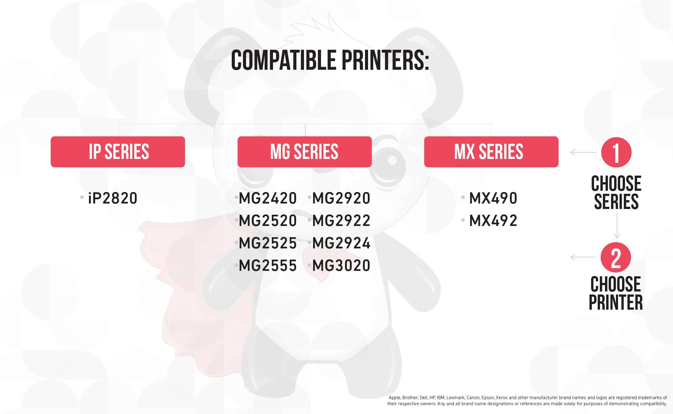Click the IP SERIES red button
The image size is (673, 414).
(x=118, y=152)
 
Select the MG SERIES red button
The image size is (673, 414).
(x=305, y=152)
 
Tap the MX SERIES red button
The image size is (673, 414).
(x=491, y=152)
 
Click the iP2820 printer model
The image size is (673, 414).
(x=113, y=198)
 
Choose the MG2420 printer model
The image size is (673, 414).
(x=268, y=198)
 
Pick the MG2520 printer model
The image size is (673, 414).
(x=268, y=220)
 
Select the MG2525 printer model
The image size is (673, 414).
(x=268, y=243)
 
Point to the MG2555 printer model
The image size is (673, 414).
(x=268, y=265)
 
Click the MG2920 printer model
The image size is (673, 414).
(x=341, y=198)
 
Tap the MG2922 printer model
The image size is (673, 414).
(x=341, y=220)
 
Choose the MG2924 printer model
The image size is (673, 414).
(x=341, y=243)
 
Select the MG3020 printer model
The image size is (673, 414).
(x=341, y=265)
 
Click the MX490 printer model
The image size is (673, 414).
(x=493, y=198)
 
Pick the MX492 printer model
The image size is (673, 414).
(x=493, y=220)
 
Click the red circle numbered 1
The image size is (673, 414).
(x=616, y=152)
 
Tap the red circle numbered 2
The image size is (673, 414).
(x=616, y=257)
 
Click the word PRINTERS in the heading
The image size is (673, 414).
(x=385, y=60)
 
